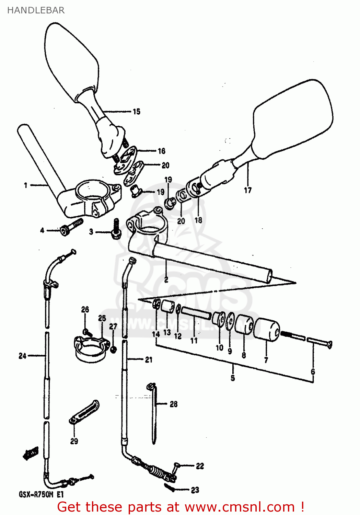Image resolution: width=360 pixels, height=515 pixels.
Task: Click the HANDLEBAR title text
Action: pyautogui.click(x=36, y=10)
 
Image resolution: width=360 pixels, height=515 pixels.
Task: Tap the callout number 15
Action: pyautogui.click(x=136, y=112)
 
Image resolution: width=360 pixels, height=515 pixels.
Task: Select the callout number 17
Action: pyautogui.click(x=248, y=190)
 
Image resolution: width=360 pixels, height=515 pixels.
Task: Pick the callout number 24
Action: pyautogui.click(x=22, y=356)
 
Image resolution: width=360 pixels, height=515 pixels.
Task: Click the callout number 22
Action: pyautogui.click(x=200, y=466)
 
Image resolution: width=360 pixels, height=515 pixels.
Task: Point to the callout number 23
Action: pyautogui.click(x=195, y=490)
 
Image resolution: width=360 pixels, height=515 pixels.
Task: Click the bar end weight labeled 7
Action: pyautogui.click(x=267, y=330)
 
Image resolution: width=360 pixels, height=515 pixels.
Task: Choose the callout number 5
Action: pyautogui.click(x=233, y=378)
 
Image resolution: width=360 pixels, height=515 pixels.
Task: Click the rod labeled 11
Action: pyautogui.click(x=196, y=313)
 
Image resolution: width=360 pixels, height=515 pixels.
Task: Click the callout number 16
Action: pyautogui.click(x=161, y=151)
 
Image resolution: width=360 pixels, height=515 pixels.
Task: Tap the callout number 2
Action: pyautogui.click(x=166, y=280)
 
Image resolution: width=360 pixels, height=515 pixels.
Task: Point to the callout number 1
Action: pyautogui.click(x=26, y=185)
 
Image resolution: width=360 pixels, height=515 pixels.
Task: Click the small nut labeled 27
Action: pyautogui.click(x=113, y=349)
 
